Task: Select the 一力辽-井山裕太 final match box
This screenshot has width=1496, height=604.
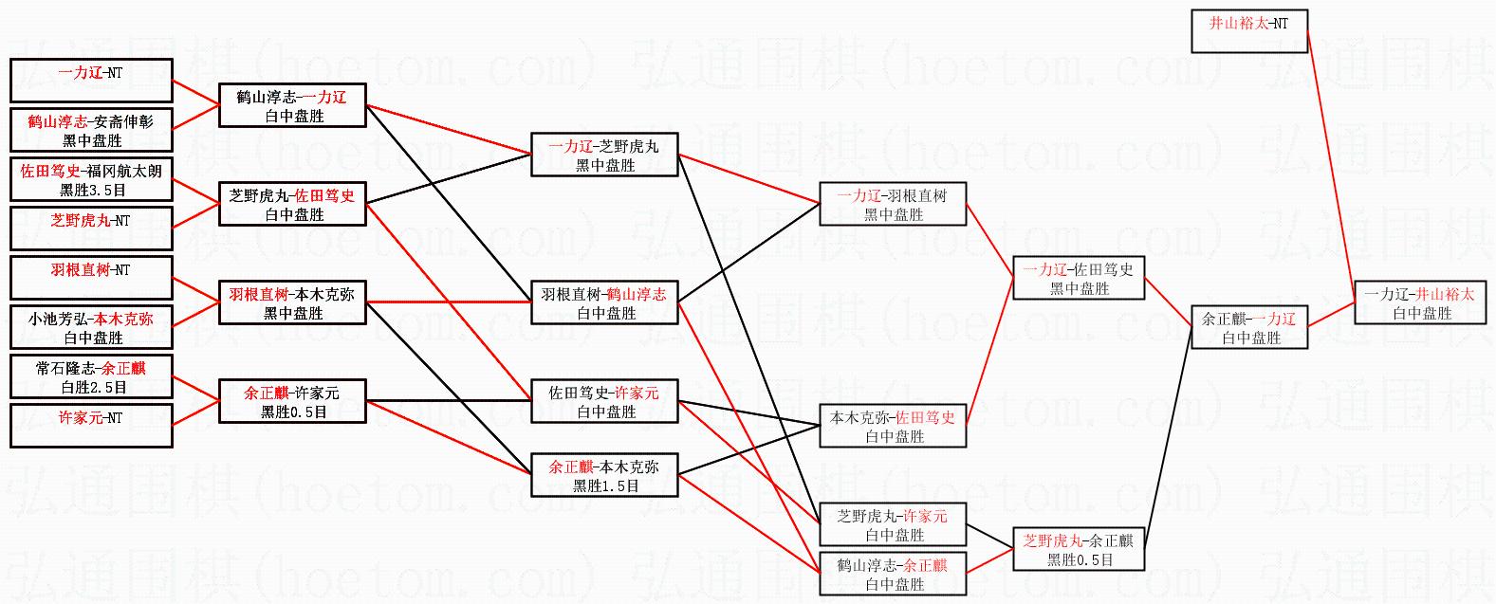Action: (1419, 302)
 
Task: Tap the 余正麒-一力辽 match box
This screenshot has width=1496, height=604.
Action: (1248, 327)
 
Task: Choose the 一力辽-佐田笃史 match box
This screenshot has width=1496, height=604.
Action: (1079, 278)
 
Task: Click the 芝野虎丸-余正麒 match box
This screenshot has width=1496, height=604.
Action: (1079, 549)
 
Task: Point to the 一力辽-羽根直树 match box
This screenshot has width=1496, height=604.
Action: (893, 204)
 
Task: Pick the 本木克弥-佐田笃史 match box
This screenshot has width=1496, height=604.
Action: (893, 426)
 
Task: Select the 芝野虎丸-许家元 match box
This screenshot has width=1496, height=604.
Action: (893, 524)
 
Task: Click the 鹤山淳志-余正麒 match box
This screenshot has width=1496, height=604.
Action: (893, 574)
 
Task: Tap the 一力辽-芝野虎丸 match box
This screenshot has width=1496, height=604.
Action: (604, 155)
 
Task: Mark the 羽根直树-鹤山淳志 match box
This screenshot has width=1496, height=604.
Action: (604, 302)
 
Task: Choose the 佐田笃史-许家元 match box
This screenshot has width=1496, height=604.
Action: (604, 401)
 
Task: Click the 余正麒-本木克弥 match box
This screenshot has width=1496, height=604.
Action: (604, 475)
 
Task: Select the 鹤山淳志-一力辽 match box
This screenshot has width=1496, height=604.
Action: (292, 105)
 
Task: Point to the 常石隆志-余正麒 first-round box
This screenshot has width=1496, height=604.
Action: (92, 376)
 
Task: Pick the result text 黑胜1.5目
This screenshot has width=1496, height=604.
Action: (605, 485)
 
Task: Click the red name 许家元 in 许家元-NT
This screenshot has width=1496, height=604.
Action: (80, 417)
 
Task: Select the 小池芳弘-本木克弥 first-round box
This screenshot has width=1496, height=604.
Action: (92, 327)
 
